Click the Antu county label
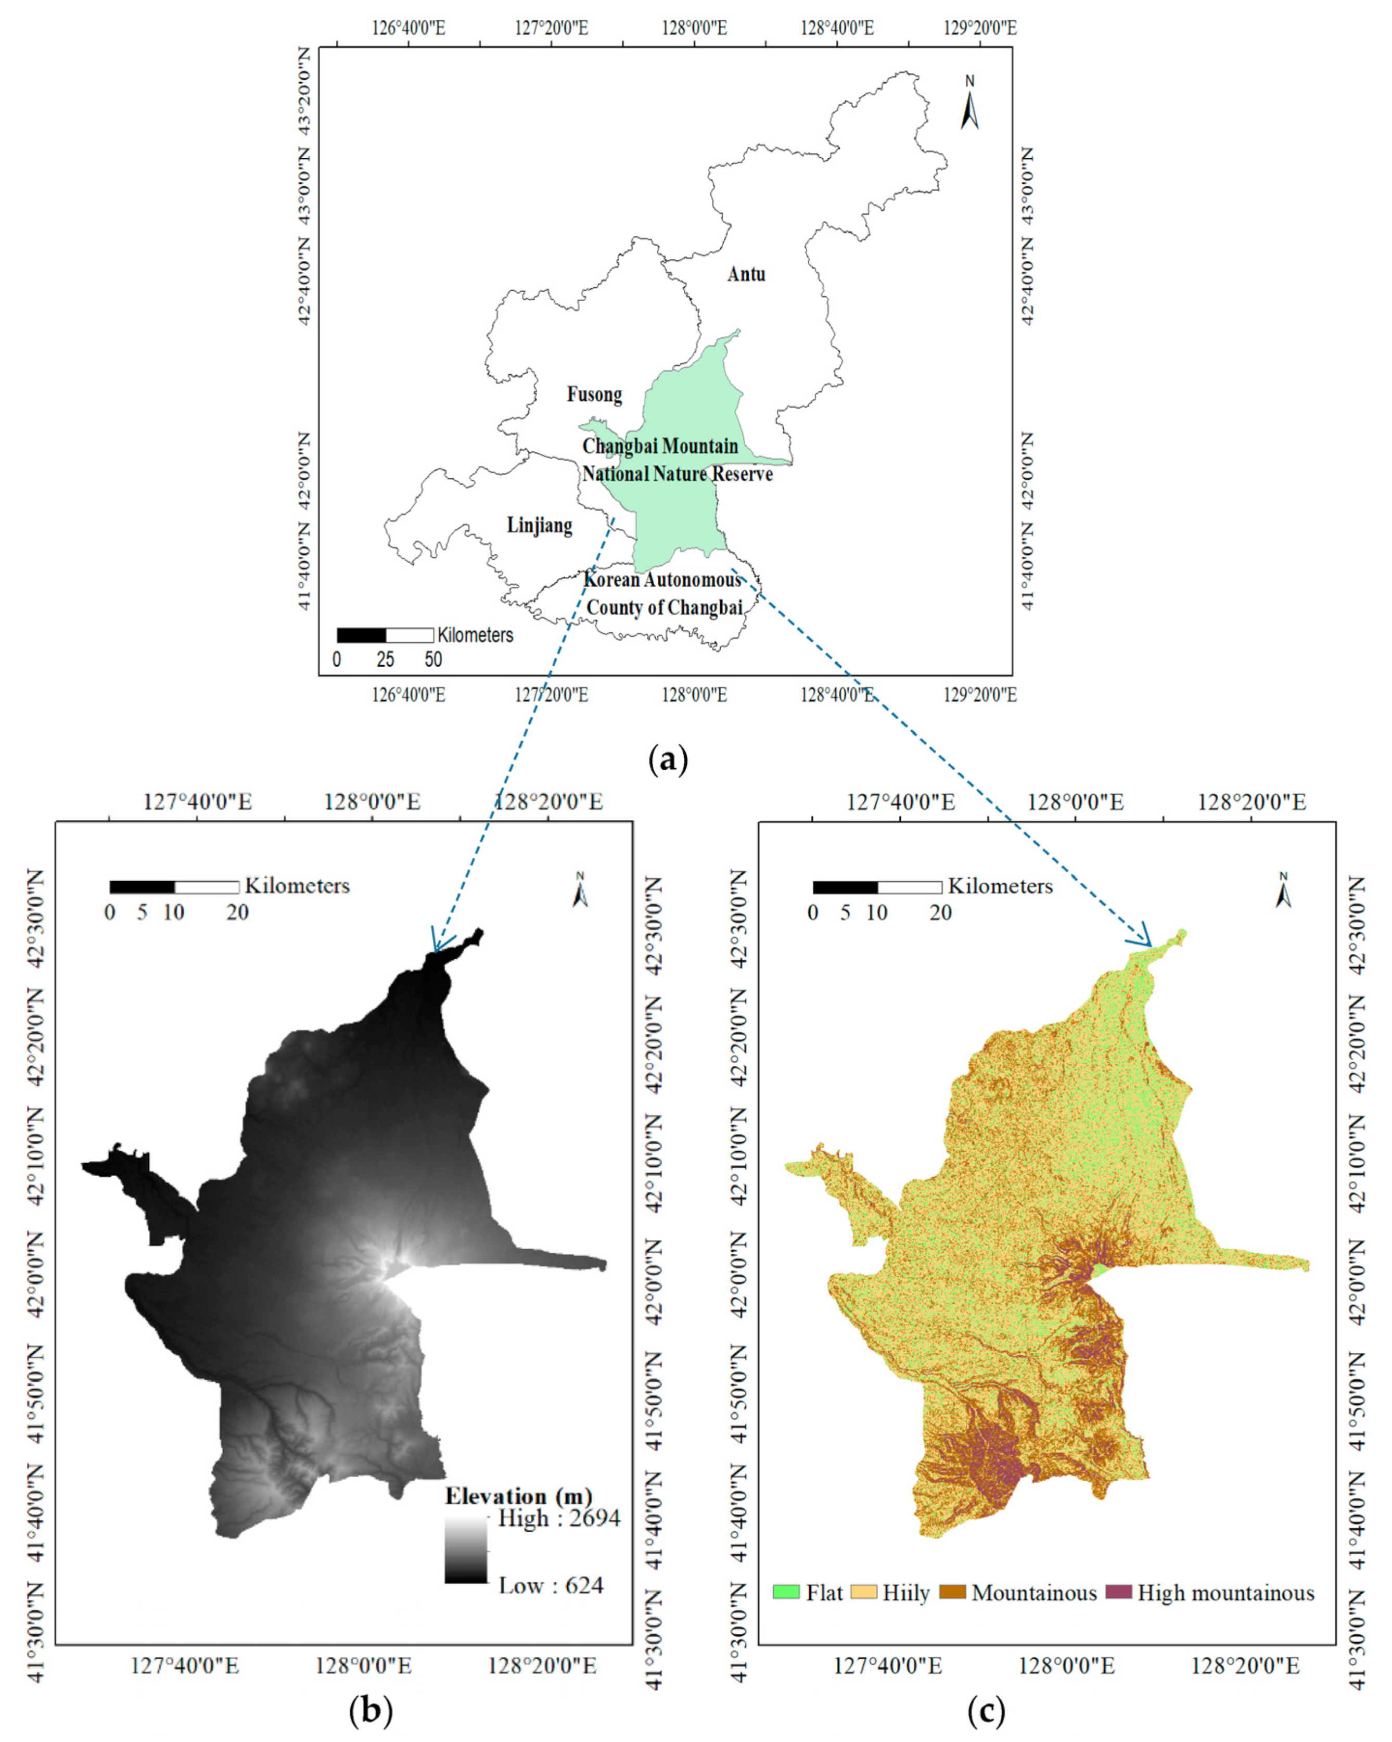pyautogui.click(x=746, y=274)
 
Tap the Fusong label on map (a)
pyautogui.click(x=594, y=395)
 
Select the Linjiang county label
pyautogui.click(x=540, y=525)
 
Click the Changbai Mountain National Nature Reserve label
pyautogui.click(x=677, y=460)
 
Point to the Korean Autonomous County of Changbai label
pyautogui.click(x=663, y=594)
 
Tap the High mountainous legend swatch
pyautogui.click(x=1118, y=1592)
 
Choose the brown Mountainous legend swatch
pyautogui.click(x=953, y=1592)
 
